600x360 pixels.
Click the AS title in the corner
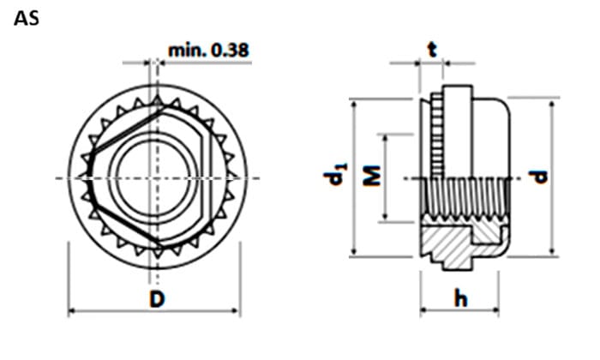click(x=27, y=18)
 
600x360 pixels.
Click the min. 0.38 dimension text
click(x=208, y=50)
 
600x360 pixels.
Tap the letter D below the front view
click(x=157, y=299)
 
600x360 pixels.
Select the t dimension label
click(x=432, y=50)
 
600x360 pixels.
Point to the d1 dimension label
click(x=335, y=175)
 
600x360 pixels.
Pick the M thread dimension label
click(x=371, y=176)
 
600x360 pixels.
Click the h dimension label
click(x=461, y=298)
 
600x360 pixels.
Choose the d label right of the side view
click(x=538, y=177)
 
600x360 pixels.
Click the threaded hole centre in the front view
click(x=153, y=178)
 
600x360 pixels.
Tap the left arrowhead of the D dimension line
click(x=72, y=311)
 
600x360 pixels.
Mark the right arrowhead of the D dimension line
click(x=237, y=311)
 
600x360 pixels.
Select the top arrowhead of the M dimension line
click(x=386, y=139)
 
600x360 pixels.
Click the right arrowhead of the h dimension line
click(x=495, y=310)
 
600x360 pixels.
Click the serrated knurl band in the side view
click(x=437, y=135)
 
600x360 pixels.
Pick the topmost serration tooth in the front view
click(x=157, y=100)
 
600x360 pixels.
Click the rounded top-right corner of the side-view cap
click(x=505, y=105)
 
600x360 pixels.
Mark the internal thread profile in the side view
click(x=465, y=200)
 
